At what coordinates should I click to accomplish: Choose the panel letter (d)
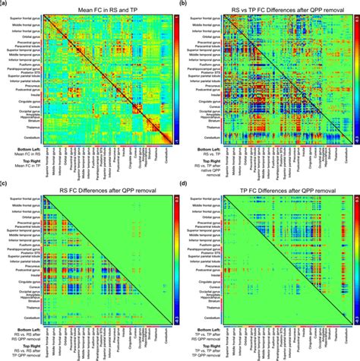point(185,185)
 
